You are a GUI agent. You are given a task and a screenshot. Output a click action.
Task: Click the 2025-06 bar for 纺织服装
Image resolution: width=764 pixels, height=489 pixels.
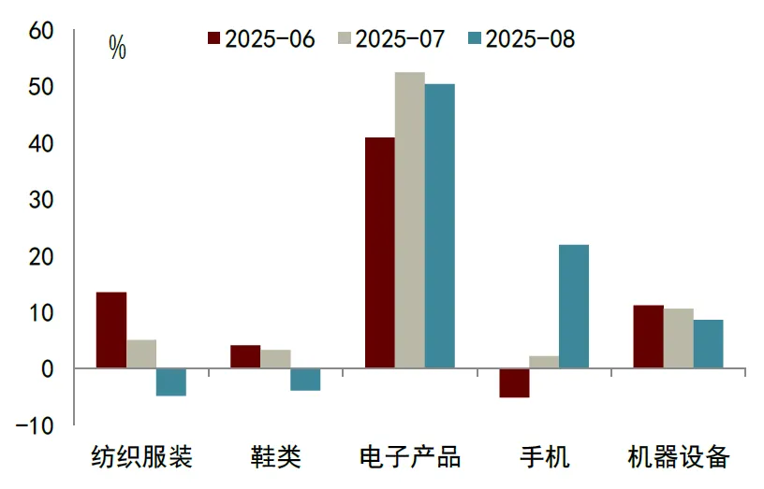[111, 330]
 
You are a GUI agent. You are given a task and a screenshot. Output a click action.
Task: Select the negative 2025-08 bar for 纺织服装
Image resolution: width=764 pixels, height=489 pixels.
[170, 381]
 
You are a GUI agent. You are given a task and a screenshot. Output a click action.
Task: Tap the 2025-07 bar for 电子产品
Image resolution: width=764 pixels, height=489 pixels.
[409, 220]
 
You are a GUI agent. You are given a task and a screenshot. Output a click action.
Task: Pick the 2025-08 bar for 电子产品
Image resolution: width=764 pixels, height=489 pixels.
[439, 225]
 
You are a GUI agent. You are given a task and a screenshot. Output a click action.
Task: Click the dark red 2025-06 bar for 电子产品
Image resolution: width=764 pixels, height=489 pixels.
[379, 252]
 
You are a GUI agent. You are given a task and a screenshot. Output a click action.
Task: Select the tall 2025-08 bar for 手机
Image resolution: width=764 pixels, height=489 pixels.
[573, 306]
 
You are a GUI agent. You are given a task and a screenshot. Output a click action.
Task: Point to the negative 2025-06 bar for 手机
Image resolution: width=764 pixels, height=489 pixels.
[514, 382]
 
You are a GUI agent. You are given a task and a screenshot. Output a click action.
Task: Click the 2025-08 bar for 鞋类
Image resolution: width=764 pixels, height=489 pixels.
[305, 379]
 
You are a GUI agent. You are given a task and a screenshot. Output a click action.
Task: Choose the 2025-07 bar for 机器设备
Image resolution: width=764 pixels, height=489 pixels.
[678, 338]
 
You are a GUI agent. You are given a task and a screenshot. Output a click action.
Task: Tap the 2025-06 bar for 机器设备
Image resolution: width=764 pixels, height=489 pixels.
[648, 336]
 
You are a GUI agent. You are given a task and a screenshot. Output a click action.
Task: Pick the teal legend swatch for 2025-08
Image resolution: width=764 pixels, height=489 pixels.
[474, 39]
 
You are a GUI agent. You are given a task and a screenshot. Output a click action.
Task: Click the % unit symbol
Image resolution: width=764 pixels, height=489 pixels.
[117, 48]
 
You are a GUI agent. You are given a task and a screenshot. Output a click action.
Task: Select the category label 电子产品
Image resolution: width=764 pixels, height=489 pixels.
[409, 457]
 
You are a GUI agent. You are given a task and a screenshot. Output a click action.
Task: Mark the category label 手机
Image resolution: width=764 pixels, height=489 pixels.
[544, 457]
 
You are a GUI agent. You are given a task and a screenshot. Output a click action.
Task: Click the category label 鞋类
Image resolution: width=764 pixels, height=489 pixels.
[275, 457]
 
